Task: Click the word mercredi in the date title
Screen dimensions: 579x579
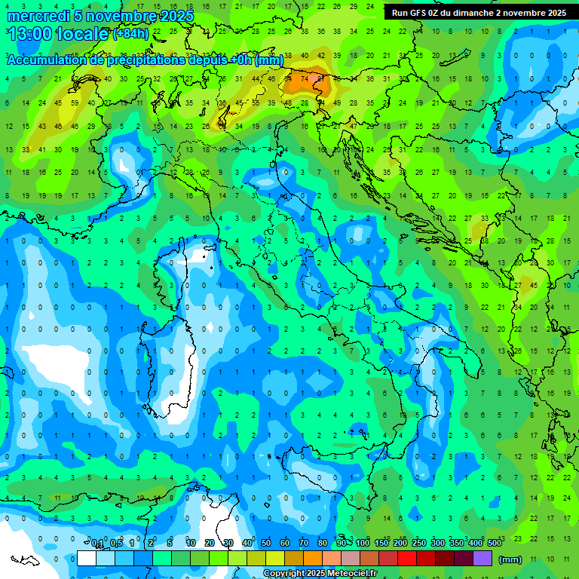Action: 38,16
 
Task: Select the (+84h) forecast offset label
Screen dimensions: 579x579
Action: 130,34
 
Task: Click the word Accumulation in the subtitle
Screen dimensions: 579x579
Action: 48,60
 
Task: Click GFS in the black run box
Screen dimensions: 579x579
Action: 419,13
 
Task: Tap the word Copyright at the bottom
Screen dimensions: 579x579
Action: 285,574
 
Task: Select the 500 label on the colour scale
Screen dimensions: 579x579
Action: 495,544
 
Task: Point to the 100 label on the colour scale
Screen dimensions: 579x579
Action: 363,544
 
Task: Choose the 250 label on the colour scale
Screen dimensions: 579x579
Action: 419,544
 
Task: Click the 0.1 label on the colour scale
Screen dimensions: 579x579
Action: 97,544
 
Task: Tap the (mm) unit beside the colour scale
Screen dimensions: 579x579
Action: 510,559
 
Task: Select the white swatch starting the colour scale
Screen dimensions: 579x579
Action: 87,559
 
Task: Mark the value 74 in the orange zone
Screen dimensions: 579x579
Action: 305,78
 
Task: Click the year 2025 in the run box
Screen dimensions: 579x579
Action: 554,13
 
